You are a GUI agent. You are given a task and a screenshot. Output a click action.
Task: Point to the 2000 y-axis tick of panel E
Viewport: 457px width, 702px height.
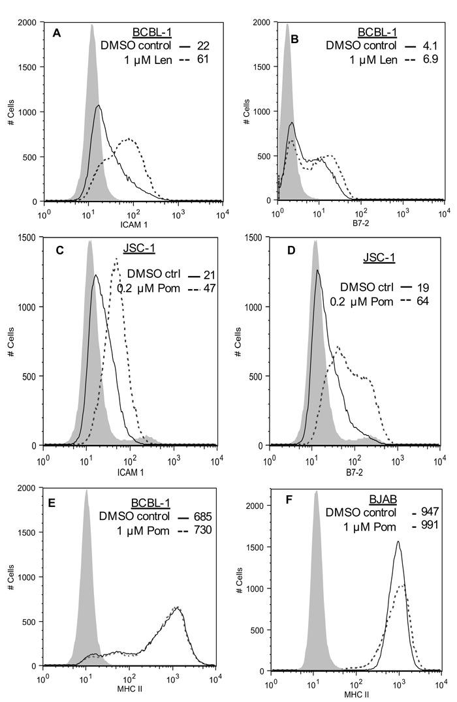pos(28,488)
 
